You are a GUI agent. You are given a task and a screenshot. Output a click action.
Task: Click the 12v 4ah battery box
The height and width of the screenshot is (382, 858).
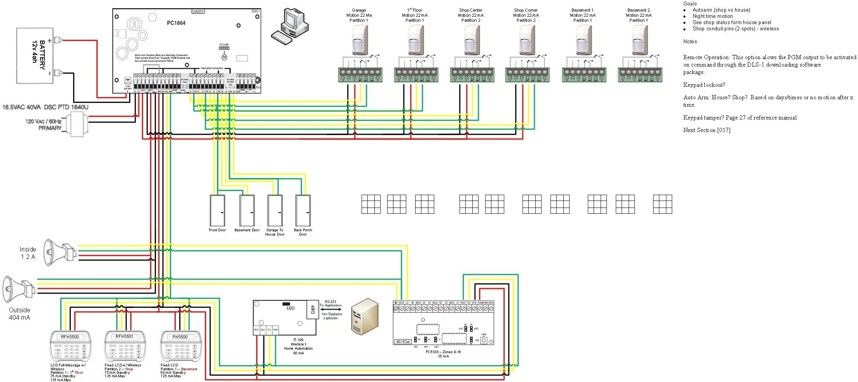(35, 55)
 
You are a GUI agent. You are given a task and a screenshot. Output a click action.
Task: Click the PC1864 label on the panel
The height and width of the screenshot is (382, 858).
(176, 23)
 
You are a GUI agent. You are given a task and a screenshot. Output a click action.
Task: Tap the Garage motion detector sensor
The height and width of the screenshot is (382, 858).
(359, 40)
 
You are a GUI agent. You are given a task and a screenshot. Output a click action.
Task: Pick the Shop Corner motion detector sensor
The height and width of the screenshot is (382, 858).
(526, 40)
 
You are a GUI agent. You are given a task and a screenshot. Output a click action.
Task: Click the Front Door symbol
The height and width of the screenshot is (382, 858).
(217, 210)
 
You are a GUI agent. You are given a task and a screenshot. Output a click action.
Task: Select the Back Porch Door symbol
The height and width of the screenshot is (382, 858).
(303, 210)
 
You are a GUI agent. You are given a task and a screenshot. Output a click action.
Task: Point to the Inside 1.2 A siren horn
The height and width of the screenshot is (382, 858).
(58, 252)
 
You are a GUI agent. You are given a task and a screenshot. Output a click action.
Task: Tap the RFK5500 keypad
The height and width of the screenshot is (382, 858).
(70, 347)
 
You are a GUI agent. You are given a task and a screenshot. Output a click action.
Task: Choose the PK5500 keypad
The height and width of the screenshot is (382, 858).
(181, 347)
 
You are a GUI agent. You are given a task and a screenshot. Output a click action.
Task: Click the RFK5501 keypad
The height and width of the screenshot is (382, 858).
(125, 347)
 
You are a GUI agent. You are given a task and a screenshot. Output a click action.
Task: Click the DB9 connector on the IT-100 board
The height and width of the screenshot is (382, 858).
(313, 310)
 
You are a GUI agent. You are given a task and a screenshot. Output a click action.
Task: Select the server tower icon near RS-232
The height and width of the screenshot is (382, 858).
(364, 317)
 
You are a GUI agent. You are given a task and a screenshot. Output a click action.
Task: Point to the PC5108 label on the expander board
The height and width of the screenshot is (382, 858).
(403, 342)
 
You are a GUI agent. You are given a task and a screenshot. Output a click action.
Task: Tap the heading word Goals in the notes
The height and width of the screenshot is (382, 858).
(690, 4)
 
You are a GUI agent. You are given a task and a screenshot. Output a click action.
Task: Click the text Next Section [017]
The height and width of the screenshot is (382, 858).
(706, 130)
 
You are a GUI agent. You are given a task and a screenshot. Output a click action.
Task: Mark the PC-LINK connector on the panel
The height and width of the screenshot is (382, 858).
(224, 48)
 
